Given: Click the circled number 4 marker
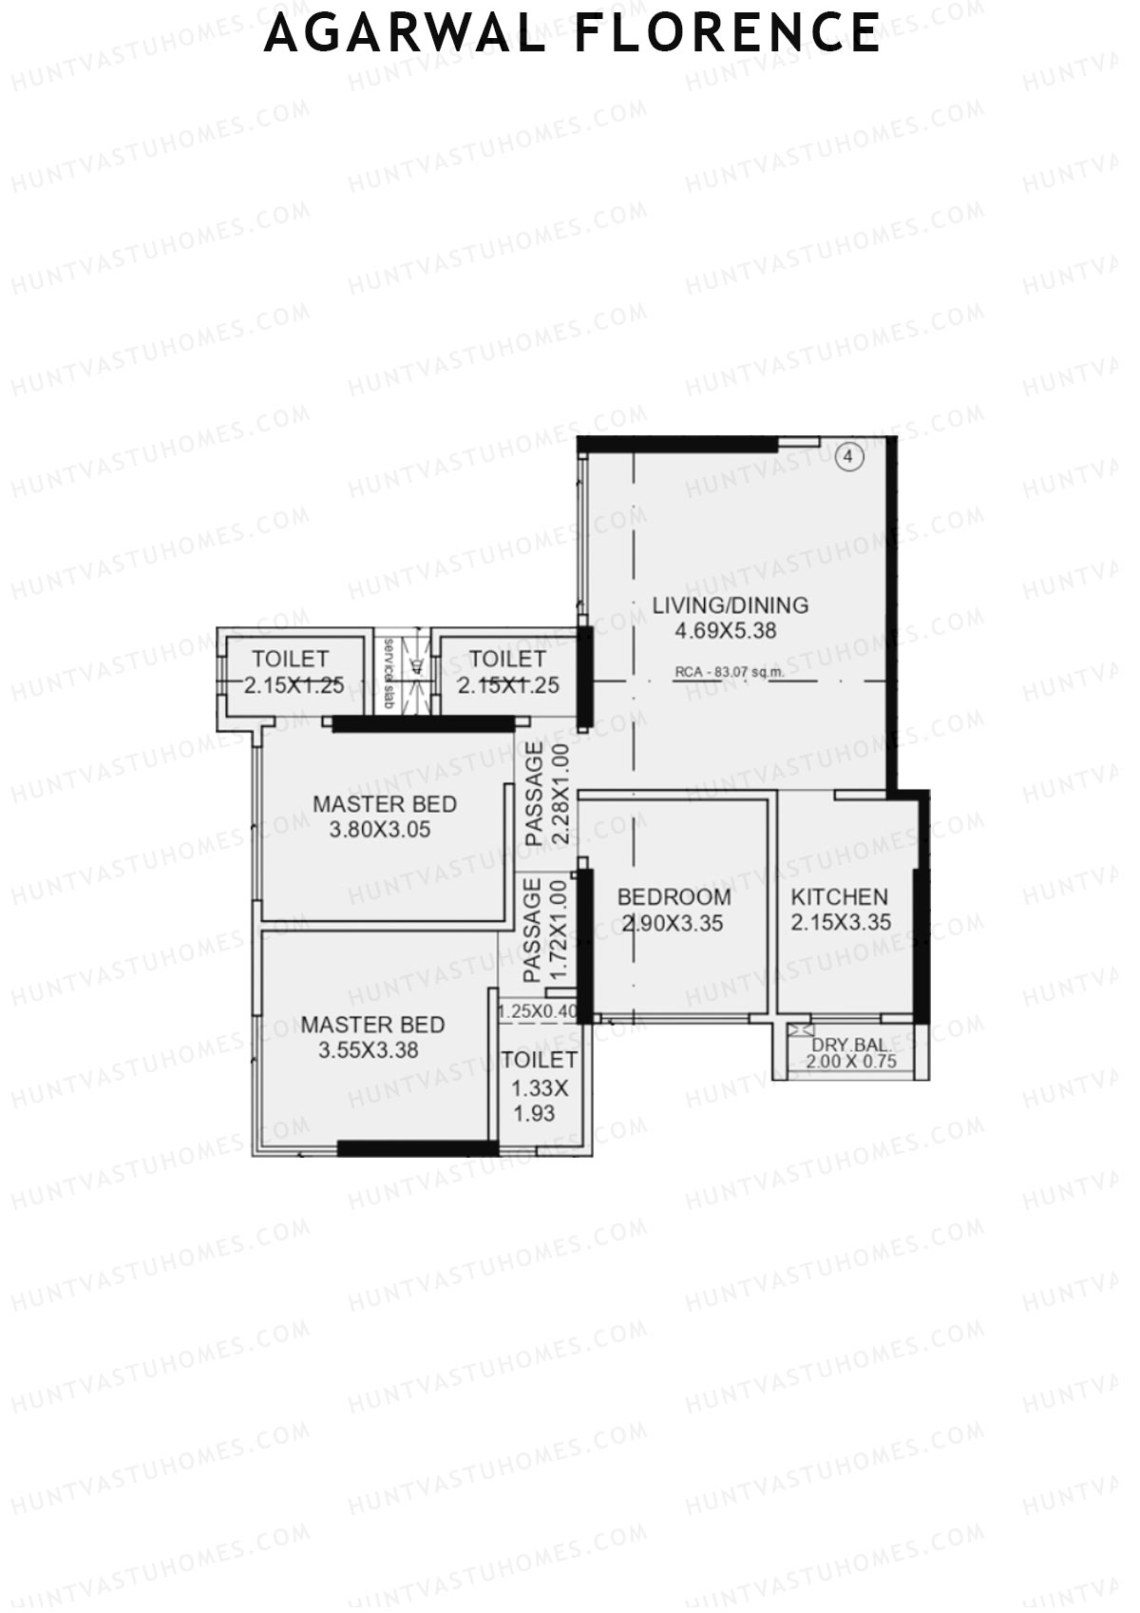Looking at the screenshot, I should click(x=849, y=457).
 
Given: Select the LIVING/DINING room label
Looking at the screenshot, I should click(x=730, y=605).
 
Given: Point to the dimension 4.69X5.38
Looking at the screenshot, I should click(x=726, y=630).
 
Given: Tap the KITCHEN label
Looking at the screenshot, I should click(x=840, y=896).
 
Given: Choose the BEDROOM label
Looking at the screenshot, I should click(x=674, y=896).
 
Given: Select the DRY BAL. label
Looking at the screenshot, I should click(x=850, y=1045).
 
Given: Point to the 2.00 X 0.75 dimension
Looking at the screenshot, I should click(x=851, y=1062).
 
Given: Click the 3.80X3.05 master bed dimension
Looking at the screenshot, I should click(x=380, y=830).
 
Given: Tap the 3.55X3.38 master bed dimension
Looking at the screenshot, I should click(x=369, y=1050).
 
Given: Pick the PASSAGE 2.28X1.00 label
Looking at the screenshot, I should click(x=547, y=795).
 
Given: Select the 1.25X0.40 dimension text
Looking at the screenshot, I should click(x=538, y=1011).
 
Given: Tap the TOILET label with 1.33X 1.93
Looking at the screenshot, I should click(x=539, y=1060).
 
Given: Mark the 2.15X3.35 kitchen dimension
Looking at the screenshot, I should click(x=841, y=922).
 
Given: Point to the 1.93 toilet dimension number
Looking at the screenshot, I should click(x=535, y=1113).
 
